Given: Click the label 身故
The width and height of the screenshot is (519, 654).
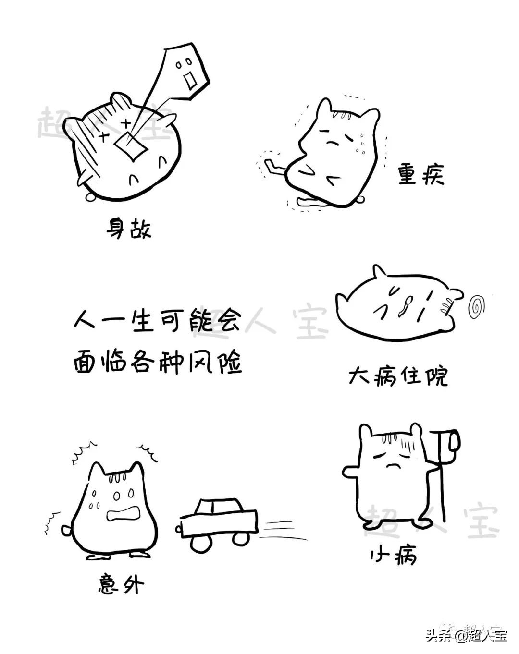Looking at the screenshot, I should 129,229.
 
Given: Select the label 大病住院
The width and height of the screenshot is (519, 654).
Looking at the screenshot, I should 398,377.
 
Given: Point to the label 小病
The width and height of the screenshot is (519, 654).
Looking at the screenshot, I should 393,556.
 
